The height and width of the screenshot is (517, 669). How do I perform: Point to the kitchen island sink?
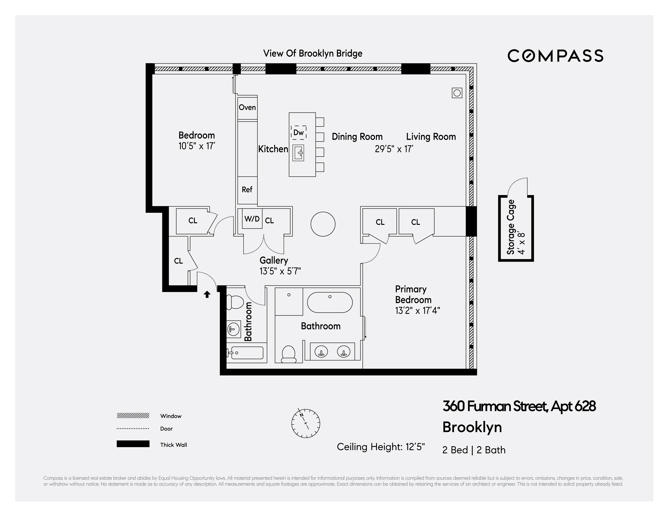pos(298,153)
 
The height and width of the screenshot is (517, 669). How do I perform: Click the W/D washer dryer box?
pos(252,219)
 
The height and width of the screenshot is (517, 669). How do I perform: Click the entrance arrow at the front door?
pos(207,294)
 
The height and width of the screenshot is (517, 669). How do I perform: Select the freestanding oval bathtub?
pos(330,302)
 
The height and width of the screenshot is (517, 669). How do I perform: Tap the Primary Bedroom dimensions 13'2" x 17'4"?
pos(417,311)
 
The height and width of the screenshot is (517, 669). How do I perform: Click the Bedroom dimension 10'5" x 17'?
pos(197,146)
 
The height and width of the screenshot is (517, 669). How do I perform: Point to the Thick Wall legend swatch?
pos(133,444)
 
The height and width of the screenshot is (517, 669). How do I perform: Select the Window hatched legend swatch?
pos(133,416)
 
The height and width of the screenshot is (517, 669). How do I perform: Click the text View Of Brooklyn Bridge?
pos(313,54)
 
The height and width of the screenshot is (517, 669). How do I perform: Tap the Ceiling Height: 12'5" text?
pos(380,447)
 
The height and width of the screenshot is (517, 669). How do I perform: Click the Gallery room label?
pos(274,260)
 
